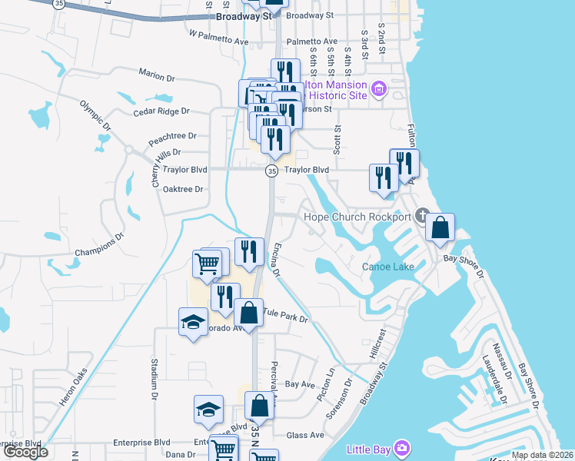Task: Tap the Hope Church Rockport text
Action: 357,217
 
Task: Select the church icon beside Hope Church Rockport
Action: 421,214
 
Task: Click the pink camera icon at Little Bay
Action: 401,447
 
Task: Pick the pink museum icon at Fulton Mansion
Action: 378,89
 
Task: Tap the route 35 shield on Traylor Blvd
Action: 271,171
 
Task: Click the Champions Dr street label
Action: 99,247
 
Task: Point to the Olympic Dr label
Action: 96,116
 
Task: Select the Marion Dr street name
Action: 158,73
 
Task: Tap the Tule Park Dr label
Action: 285,315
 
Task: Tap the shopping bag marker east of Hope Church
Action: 440,228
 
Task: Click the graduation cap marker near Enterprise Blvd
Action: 208,411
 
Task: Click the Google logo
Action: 25,452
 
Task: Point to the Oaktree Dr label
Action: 183,189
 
